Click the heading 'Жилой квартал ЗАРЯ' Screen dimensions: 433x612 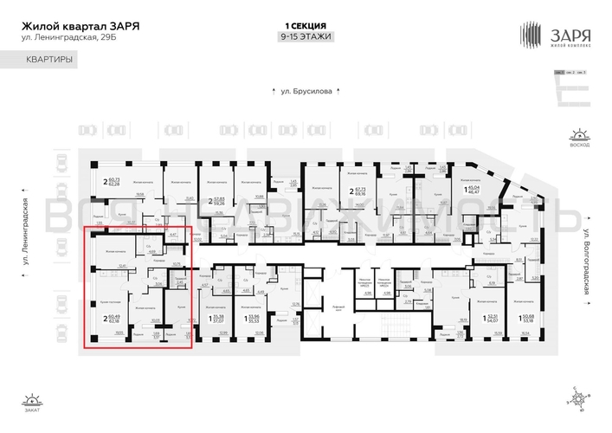tap(81, 25)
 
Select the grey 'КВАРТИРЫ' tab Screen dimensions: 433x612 tap(48, 60)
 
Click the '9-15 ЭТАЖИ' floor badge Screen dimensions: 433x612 tap(306, 36)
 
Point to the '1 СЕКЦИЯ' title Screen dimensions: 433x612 tap(306, 26)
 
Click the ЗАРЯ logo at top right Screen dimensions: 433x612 tap(554, 36)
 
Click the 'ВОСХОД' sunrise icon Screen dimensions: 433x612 tap(578, 139)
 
